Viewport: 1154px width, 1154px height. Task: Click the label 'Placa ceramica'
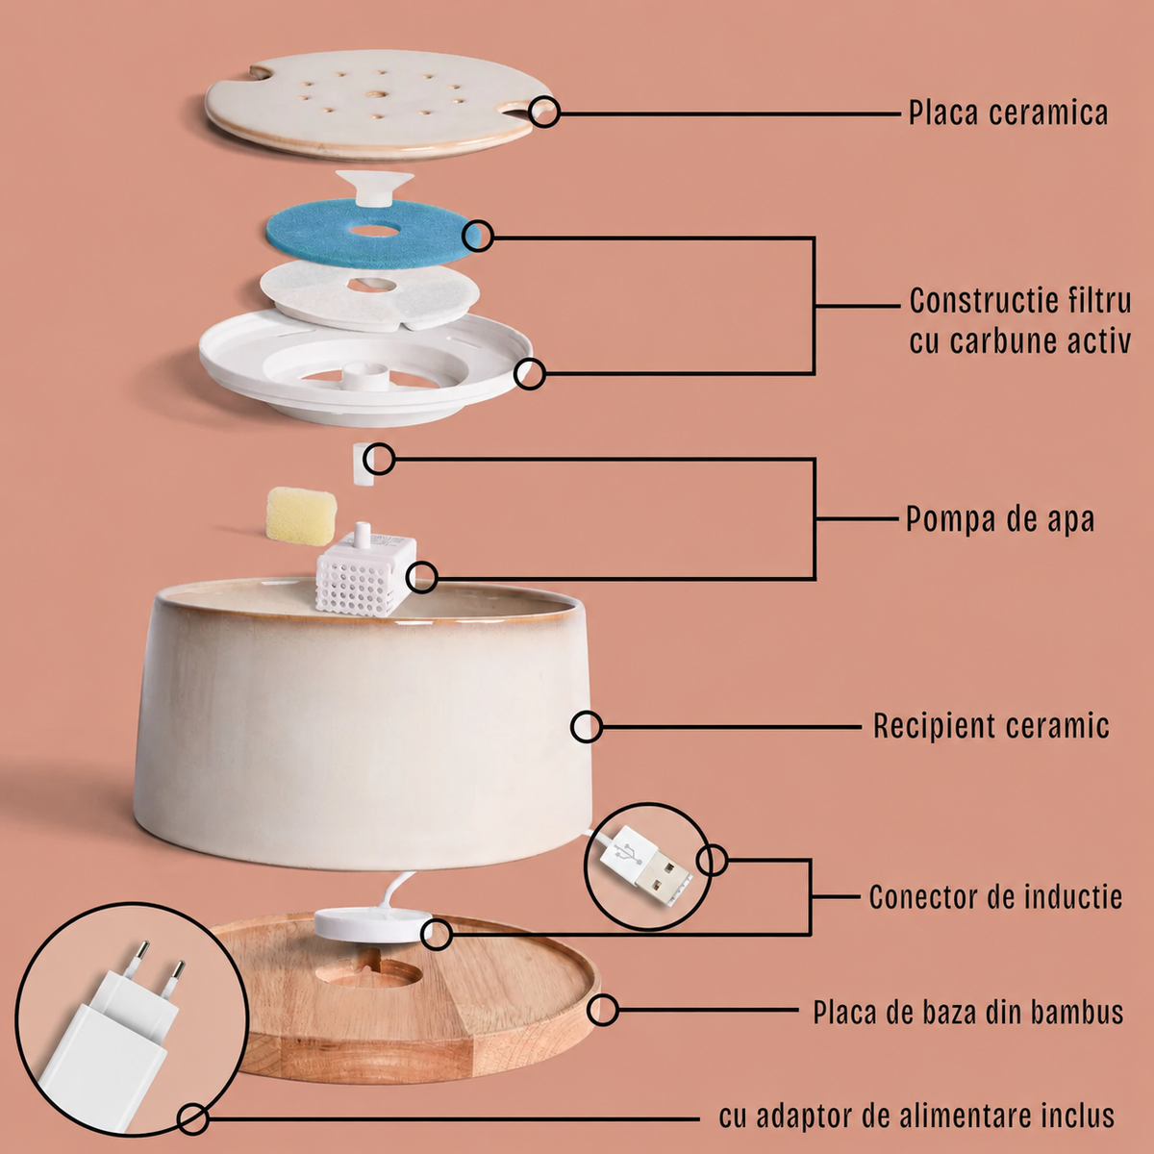[1008, 113]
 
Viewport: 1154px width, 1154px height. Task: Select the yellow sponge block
[300, 516]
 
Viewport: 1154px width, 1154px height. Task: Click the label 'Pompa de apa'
[1000, 518]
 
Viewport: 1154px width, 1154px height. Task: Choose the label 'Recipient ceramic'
[991, 726]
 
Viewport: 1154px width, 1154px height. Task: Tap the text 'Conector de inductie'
[995, 897]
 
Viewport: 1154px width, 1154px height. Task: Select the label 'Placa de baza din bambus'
[967, 1012]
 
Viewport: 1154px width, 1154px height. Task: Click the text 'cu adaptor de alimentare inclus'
[916, 1116]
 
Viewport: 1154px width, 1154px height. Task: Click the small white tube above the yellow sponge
[364, 464]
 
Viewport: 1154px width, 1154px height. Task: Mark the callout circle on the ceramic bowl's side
[586, 727]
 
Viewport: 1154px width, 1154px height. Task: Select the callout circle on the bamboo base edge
[602, 1011]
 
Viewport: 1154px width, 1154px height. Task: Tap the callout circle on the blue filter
[478, 236]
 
